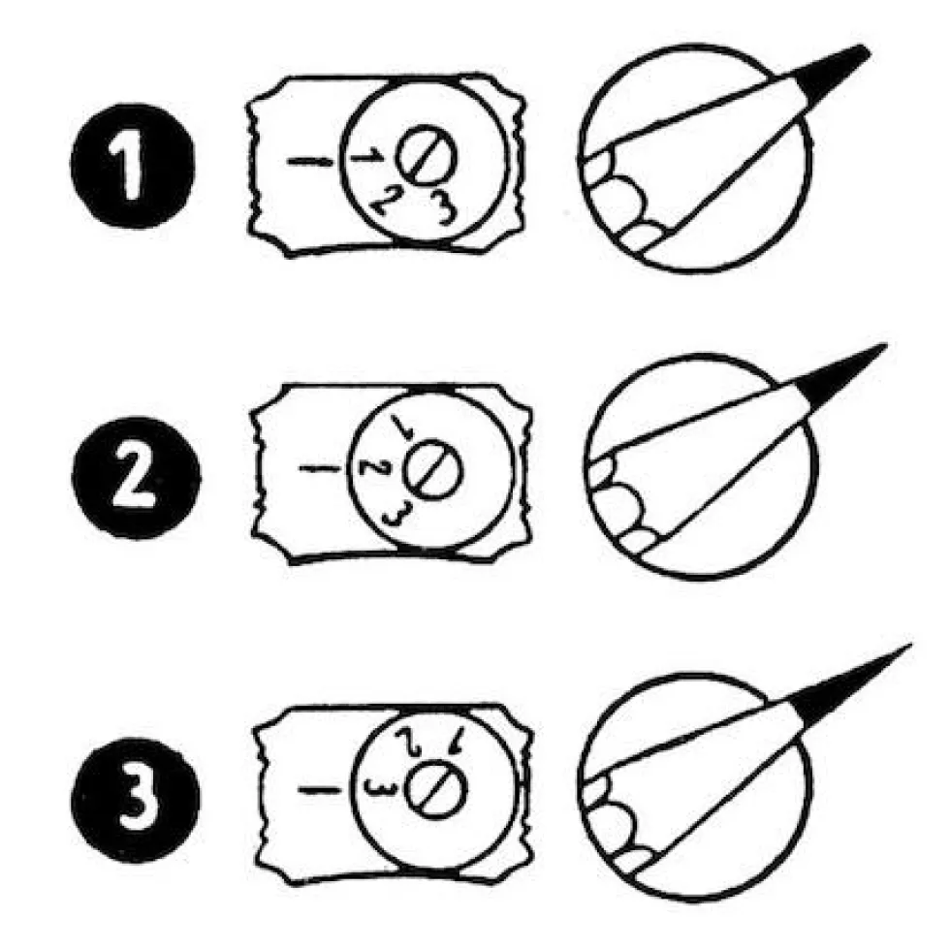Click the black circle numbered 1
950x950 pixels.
pyautogui.click(x=133, y=166)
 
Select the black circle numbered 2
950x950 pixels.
pyautogui.click(x=136, y=478)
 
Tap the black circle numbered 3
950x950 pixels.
pyautogui.click(x=135, y=800)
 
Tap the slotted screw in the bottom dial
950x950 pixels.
pyautogui.click(x=436, y=789)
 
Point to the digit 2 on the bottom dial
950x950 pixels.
pyautogui.click(x=408, y=740)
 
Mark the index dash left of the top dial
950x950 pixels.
pyautogui.click(x=310, y=161)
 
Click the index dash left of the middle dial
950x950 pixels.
pyautogui.click(x=320, y=468)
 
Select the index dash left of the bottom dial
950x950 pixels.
pyautogui.click(x=319, y=789)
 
